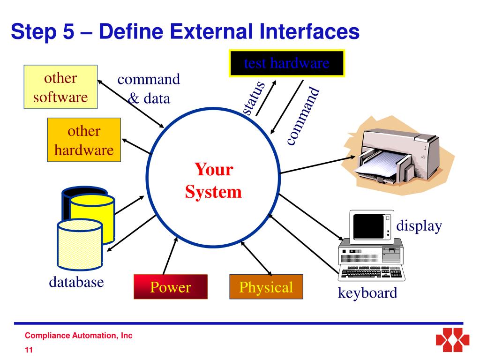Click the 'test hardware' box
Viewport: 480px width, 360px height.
pyautogui.click(x=286, y=63)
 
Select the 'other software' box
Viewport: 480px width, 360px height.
pyautogui.click(x=60, y=87)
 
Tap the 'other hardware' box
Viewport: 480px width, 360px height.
pyautogui.click(x=84, y=140)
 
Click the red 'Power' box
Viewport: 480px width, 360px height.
pyautogui.click(x=171, y=287)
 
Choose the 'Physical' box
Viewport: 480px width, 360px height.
pyautogui.click(x=266, y=287)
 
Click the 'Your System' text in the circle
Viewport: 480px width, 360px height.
pyautogui.click(x=213, y=180)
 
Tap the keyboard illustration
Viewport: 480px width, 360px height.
pyautogui.click(x=370, y=273)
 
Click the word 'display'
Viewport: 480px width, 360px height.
pyautogui.click(x=419, y=226)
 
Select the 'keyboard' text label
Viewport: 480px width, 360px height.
pyautogui.click(x=367, y=293)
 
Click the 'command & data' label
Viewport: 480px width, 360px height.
pyautogui.click(x=149, y=89)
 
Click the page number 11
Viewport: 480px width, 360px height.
pyautogui.click(x=29, y=350)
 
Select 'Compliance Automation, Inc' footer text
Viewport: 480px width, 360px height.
pyautogui.click(x=78, y=336)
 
